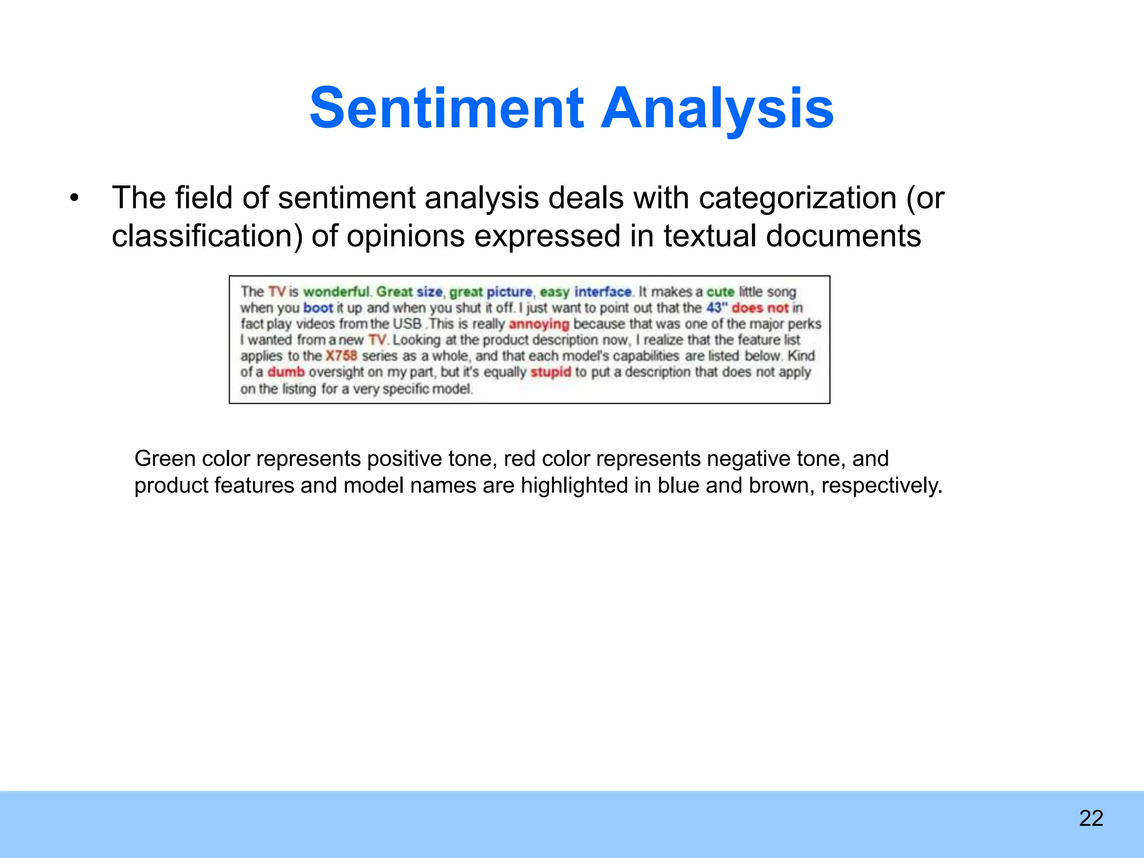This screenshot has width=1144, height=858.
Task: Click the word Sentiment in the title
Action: click(x=446, y=108)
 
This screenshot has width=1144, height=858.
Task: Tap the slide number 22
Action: click(x=1091, y=818)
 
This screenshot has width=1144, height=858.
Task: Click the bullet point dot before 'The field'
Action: click(x=74, y=199)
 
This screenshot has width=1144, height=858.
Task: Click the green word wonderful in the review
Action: click(x=336, y=292)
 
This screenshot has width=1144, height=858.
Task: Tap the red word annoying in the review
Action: click(x=538, y=324)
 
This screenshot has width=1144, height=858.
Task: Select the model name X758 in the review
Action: click(x=341, y=356)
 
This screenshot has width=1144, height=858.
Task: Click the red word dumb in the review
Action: click(x=286, y=372)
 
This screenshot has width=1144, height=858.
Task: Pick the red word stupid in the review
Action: click(x=550, y=372)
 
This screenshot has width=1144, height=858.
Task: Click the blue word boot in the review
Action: click(x=318, y=308)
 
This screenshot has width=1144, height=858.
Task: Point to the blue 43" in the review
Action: click(x=717, y=308)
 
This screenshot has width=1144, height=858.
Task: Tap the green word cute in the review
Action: click(x=720, y=292)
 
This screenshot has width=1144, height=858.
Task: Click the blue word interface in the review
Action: click(x=603, y=292)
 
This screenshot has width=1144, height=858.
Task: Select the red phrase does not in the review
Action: click(x=760, y=308)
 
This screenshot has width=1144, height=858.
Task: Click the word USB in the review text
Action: click(x=407, y=324)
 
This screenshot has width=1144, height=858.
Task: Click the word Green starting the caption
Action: click(x=164, y=459)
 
